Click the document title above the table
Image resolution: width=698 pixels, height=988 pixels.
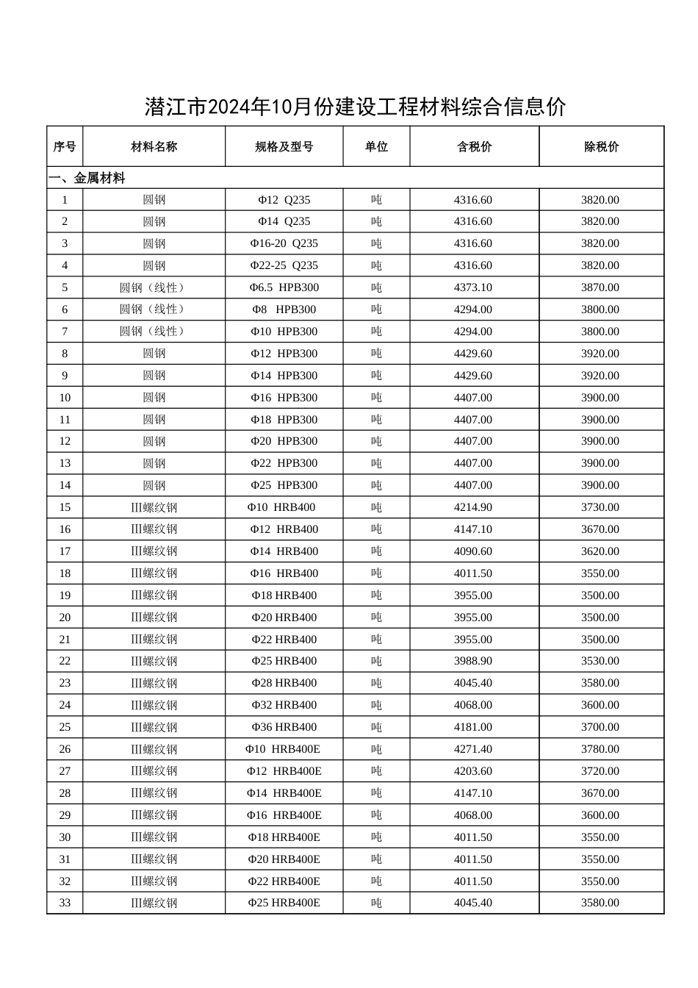tap(356, 107)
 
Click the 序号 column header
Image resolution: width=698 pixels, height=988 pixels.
tap(65, 147)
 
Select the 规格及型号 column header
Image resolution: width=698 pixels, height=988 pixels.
tap(284, 147)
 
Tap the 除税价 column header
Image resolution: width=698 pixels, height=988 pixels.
tap(601, 147)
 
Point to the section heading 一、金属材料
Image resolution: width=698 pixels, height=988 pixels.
tap(87, 179)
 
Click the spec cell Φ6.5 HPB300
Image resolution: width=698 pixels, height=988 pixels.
tap(284, 287)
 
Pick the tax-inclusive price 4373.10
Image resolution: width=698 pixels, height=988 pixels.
tap(473, 287)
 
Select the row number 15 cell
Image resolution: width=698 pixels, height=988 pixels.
tap(65, 507)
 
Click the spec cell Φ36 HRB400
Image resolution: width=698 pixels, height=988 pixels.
tap(284, 727)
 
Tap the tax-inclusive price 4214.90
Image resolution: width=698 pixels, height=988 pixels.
tap(473, 507)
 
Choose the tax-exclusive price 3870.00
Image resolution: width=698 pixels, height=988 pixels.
tap(600, 287)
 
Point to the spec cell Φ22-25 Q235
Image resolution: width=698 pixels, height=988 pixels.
tap(284, 265)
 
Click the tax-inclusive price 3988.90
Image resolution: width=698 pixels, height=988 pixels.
tap(473, 661)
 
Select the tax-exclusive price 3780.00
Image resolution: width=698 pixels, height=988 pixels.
tap(600, 749)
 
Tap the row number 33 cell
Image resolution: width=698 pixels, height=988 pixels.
tap(65, 903)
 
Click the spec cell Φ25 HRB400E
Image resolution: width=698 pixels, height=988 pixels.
tap(284, 903)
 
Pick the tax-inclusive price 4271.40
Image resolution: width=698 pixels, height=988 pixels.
tap(473, 749)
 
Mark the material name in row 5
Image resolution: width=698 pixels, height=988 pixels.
tap(154, 287)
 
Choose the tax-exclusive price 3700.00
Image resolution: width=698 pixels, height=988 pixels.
tap(600, 727)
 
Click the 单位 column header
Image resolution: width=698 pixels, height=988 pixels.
tap(376, 147)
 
